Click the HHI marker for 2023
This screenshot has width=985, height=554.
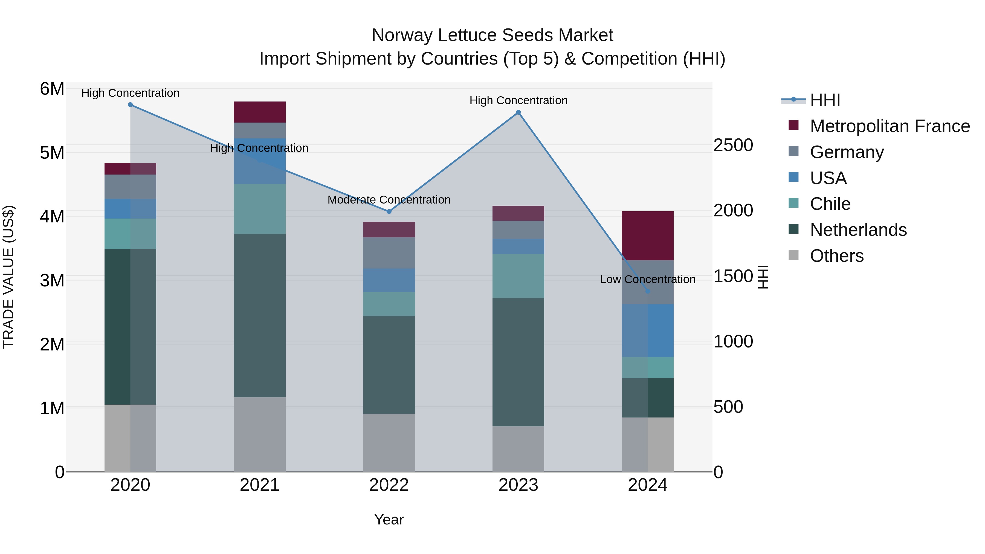point(518,112)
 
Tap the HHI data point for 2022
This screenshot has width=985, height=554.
point(389,211)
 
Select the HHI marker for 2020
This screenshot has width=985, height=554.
point(131,105)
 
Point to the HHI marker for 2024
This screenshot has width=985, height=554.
point(648,291)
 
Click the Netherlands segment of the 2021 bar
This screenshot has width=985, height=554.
point(260,315)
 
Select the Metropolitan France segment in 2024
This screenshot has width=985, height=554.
point(648,236)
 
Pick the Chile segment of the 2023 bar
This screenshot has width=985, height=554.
point(518,276)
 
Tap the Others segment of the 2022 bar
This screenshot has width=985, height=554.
point(389,443)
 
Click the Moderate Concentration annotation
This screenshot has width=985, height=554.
point(389,200)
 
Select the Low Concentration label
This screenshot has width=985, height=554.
point(648,280)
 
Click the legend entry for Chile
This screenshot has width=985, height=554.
point(830,204)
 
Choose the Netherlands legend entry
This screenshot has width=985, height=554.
point(858,230)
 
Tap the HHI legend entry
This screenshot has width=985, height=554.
point(825,100)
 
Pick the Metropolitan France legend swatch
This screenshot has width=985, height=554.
point(794,125)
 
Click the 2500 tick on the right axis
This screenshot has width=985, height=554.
point(733,145)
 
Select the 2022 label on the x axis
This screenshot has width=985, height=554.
point(389,485)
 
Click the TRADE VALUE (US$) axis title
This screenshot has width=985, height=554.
point(9,277)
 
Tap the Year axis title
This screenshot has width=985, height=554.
point(389,520)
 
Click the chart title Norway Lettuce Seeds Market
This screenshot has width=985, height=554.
point(492,35)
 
